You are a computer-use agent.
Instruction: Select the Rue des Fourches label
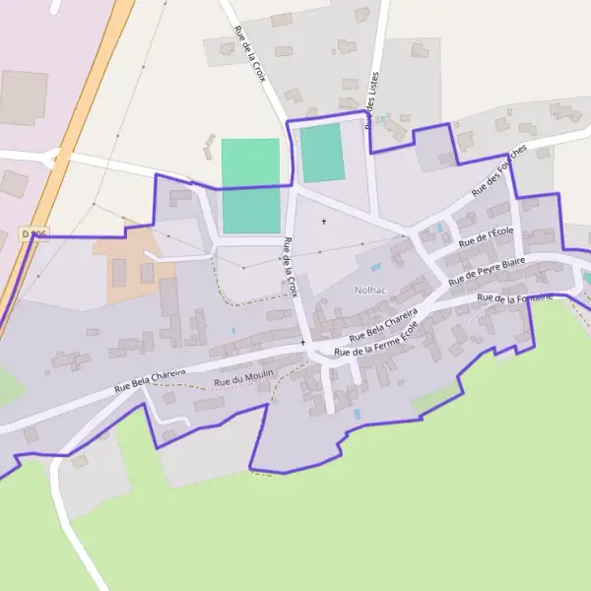click(x=499, y=169)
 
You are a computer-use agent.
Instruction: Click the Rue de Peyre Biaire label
click(x=487, y=272)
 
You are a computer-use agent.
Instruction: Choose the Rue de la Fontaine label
click(x=512, y=297)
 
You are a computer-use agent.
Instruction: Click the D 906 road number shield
click(x=33, y=234)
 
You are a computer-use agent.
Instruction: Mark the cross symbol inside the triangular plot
click(x=323, y=222)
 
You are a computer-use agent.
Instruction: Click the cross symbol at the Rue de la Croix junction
click(x=302, y=342)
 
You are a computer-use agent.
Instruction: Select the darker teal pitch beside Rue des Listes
click(x=322, y=153)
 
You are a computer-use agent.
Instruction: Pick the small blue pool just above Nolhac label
click(x=375, y=266)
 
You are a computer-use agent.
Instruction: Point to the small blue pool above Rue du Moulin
click(x=233, y=330)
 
